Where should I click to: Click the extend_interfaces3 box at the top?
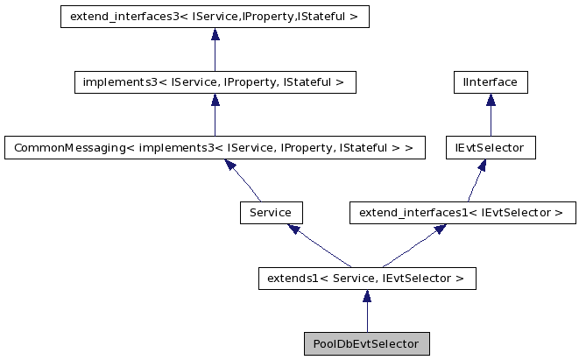(215, 17)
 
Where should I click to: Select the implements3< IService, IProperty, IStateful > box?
(215, 82)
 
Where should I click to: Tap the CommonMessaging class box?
(215, 147)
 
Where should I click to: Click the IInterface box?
(491, 82)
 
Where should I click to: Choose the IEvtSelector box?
(490, 147)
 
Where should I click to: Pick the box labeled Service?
(271, 212)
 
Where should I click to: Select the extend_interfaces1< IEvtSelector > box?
(462, 212)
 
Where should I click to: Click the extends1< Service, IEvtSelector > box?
(367, 279)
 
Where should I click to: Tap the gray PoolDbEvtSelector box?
(367, 343)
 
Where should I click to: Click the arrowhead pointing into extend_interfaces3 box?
(215, 34)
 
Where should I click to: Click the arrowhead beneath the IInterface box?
(491, 100)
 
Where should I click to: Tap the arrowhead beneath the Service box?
(294, 229)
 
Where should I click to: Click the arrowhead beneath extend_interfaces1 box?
(440, 229)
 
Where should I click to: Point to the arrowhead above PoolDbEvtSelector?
(367, 296)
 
